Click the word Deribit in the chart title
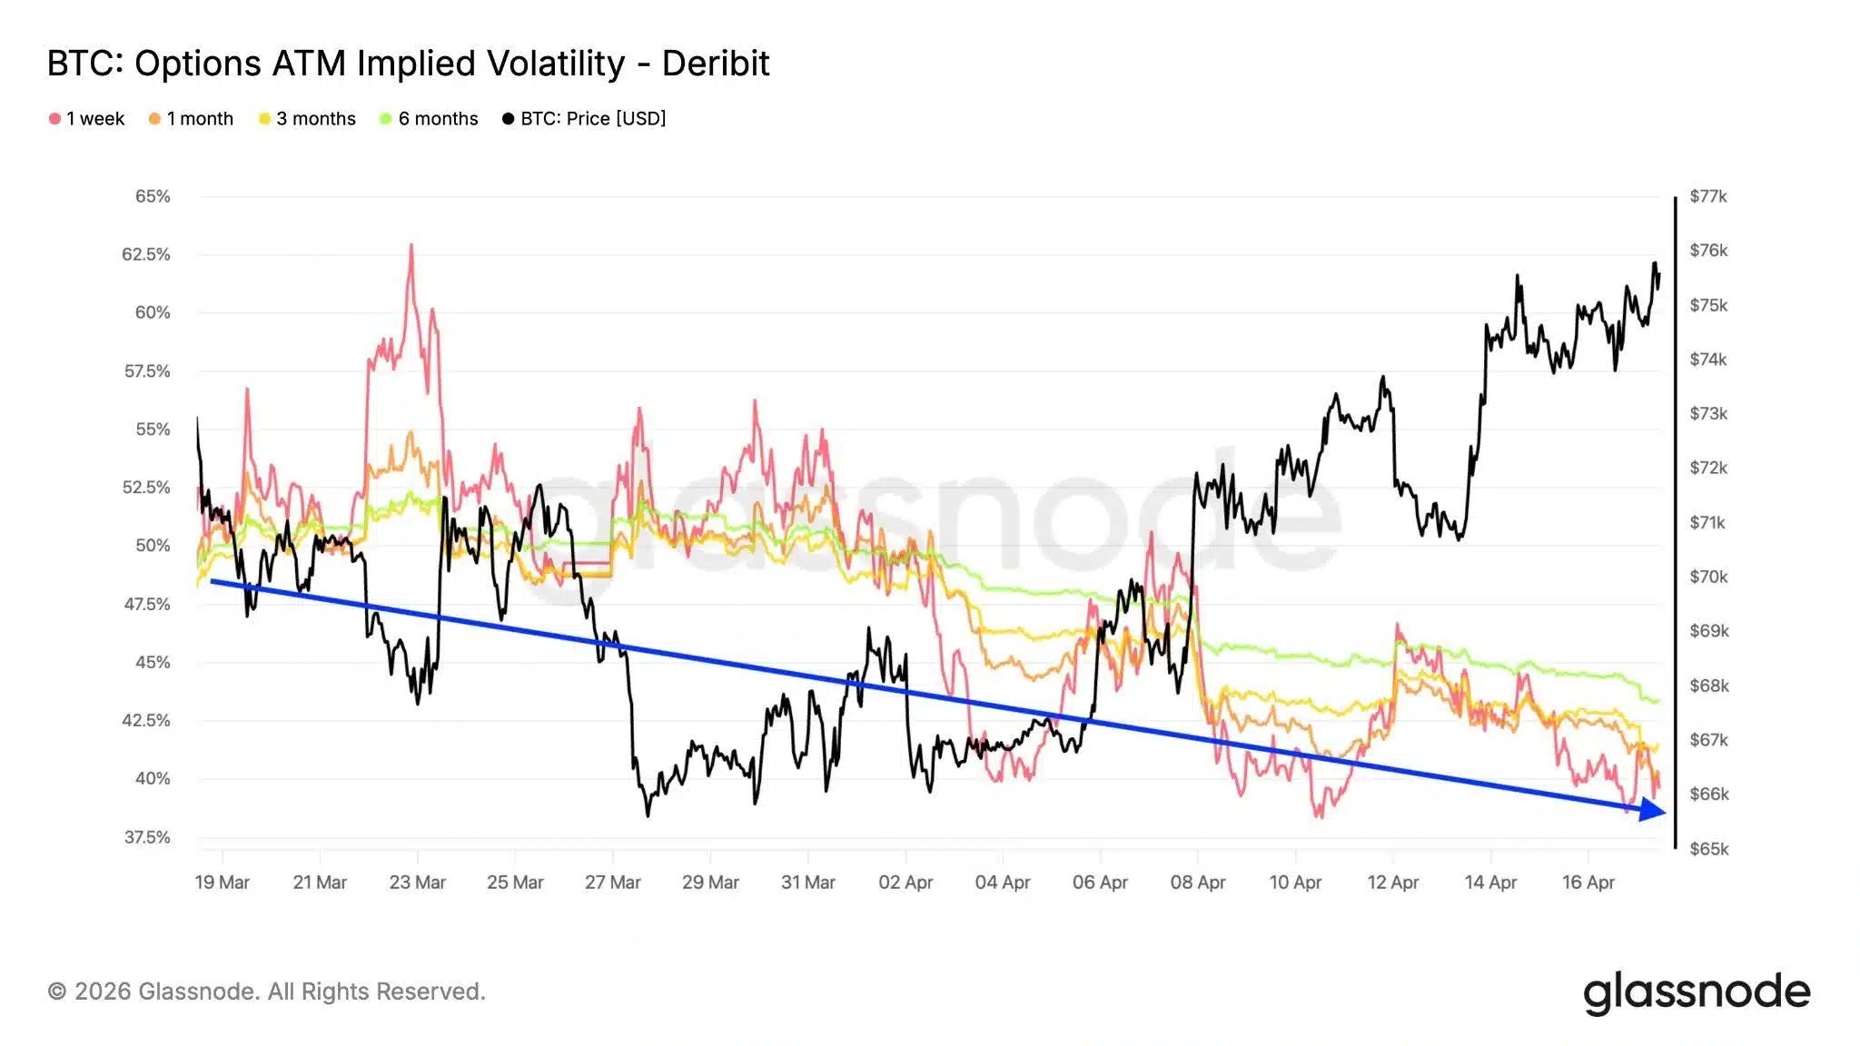tap(715, 64)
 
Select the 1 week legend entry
tap(87, 119)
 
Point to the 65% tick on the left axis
tap(153, 196)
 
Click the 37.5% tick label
tap(147, 837)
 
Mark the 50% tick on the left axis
tap(153, 546)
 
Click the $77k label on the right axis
tap(1708, 196)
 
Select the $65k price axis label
tap(1708, 850)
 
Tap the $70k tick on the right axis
tap(1708, 577)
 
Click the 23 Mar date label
tap(417, 883)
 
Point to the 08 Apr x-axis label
tap(1197, 883)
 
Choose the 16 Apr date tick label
tap(1588, 883)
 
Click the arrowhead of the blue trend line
tap(1654, 810)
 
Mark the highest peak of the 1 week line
tap(411, 245)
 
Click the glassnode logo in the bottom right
tap(1696, 992)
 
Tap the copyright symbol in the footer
tap(57, 992)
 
